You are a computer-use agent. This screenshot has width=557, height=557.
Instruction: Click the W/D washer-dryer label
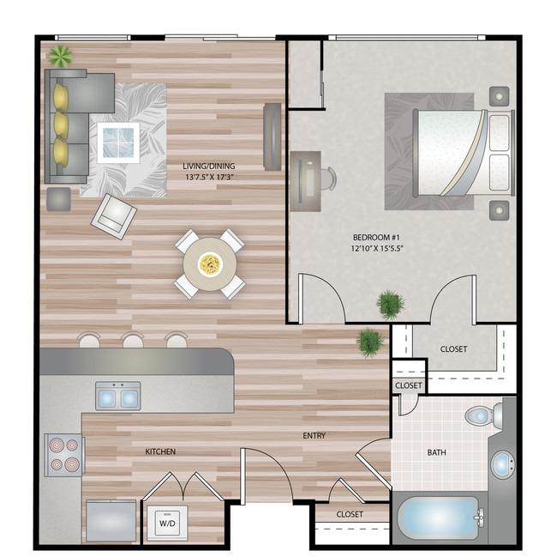point(167,523)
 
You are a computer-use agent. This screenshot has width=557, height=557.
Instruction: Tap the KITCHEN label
point(160,451)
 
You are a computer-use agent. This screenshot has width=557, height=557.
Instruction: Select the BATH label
point(436,452)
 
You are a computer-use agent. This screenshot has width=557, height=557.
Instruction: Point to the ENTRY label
point(314,435)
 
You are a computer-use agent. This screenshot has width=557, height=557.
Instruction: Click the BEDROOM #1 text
point(376,237)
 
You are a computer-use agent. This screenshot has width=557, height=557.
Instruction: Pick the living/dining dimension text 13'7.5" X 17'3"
point(208,177)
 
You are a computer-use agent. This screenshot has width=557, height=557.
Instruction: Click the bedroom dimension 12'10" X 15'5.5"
point(376,248)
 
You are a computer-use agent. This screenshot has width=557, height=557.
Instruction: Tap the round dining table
point(210,264)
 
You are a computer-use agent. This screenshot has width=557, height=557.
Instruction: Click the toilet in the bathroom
point(483,415)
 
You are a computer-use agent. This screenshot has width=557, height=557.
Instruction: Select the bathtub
point(439,518)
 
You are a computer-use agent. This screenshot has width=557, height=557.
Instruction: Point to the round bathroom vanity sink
point(502,464)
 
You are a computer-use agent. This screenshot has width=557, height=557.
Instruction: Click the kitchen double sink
point(118,396)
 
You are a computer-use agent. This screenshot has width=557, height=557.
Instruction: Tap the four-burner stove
point(64,455)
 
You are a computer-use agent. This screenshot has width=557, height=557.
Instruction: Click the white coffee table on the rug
point(118,142)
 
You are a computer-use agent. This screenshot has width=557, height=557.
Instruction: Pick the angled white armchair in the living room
point(114,216)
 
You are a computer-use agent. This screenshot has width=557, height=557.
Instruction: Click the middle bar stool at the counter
point(133,340)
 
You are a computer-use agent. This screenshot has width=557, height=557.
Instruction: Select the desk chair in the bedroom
point(328,179)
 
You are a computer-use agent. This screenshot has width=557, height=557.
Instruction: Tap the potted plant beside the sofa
point(61,56)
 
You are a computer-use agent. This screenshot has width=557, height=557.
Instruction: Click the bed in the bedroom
point(464,153)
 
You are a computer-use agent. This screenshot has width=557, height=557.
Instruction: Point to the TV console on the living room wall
point(273,137)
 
